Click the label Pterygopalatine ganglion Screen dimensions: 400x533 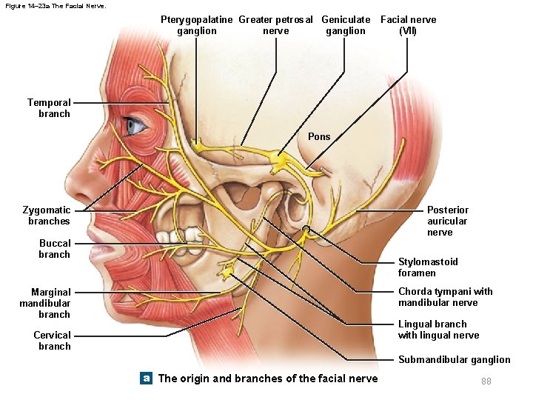click(x=197, y=25)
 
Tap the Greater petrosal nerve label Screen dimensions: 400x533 click(x=275, y=25)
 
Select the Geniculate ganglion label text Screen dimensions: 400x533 click(x=346, y=25)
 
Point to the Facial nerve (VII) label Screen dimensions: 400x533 click(x=408, y=25)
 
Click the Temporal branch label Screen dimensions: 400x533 click(x=49, y=108)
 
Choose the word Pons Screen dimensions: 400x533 click(x=319, y=136)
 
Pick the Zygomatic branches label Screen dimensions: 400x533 click(x=47, y=216)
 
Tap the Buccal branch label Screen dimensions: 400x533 click(x=55, y=249)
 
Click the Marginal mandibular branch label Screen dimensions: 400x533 click(x=45, y=303)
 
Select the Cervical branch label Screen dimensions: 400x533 click(x=52, y=341)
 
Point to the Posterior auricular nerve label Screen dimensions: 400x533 click(x=447, y=221)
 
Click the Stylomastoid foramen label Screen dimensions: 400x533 click(x=428, y=267)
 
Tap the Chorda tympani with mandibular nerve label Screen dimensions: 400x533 click(x=445, y=297)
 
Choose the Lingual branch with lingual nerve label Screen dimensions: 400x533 click(x=438, y=330)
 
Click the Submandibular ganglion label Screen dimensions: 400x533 click(x=454, y=360)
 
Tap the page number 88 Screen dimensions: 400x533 click(x=486, y=381)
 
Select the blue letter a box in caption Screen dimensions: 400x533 click(x=147, y=379)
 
